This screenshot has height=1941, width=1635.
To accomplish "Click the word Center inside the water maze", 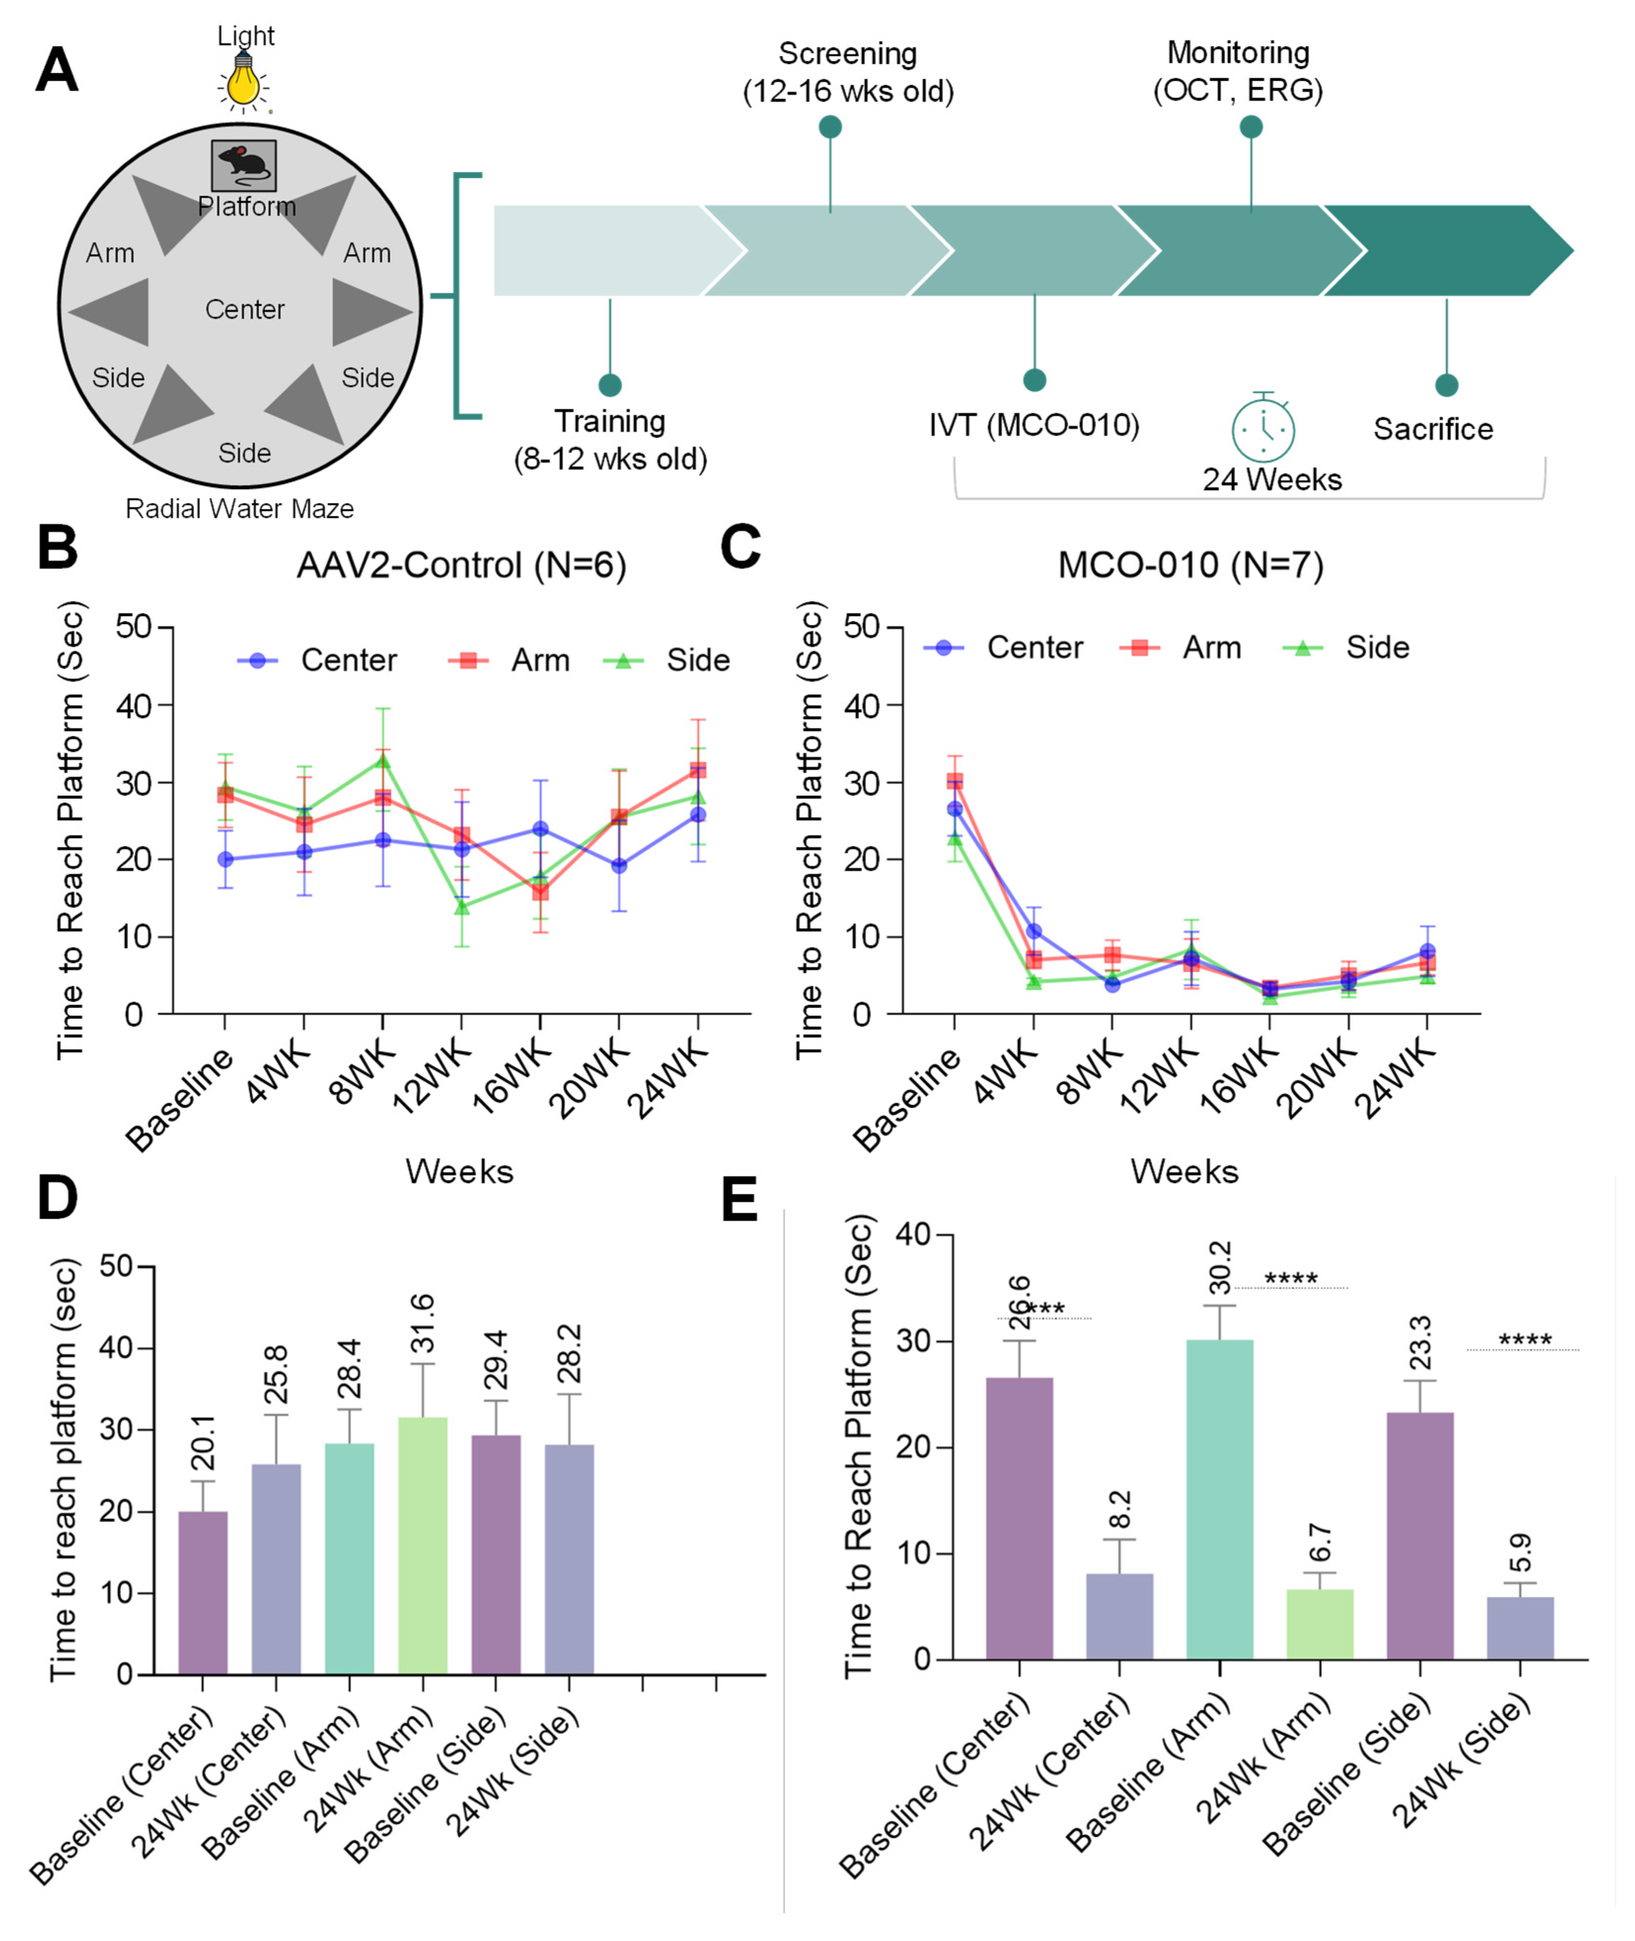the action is (x=245, y=310).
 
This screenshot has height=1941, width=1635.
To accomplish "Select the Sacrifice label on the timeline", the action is (x=1433, y=429).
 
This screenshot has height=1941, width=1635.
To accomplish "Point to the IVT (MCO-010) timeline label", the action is (x=1034, y=426).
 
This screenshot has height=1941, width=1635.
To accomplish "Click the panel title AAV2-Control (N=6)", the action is (x=462, y=564).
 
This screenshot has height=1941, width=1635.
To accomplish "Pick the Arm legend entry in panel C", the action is (x=1181, y=647).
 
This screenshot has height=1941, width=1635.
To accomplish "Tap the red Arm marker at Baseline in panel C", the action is (x=955, y=781).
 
